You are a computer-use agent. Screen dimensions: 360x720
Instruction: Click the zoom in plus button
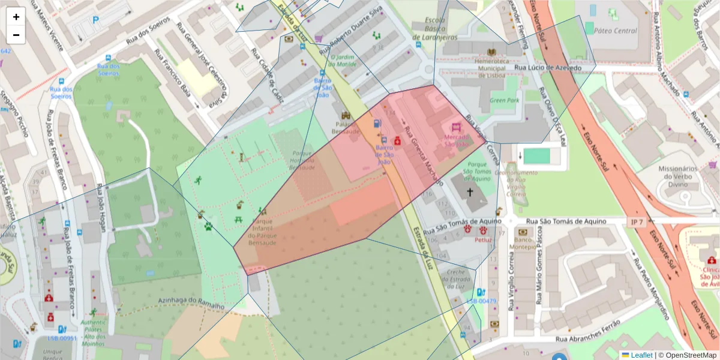click(x=16, y=17)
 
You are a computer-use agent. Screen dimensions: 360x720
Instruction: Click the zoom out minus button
click(x=16, y=35)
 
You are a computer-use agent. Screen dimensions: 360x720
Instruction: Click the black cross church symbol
click(x=469, y=192)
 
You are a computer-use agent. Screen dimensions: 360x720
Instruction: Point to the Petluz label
click(x=483, y=240)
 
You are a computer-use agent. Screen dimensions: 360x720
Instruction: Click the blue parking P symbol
click(x=95, y=20)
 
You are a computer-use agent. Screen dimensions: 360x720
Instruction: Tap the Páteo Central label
click(x=617, y=31)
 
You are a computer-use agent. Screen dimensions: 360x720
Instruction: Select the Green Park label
click(x=504, y=100)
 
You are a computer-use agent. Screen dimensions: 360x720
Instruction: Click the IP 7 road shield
click(x=637, y=223)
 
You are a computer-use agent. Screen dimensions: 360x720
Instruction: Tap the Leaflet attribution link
click(x=641, y=355)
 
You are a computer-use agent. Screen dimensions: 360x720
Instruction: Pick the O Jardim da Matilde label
click(x=343, y=61)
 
